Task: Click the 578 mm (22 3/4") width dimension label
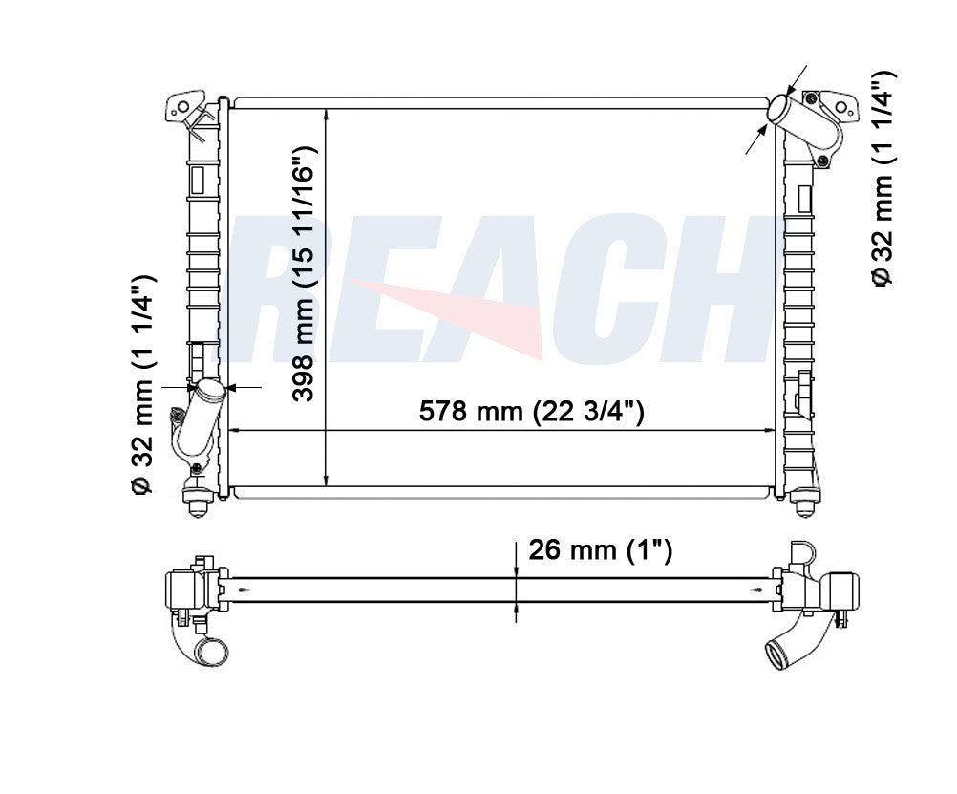click(x=531, y=411)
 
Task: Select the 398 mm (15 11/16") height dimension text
click(x=304, y=273)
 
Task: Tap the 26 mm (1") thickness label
click(x=600, y=550)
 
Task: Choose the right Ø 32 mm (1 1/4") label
click(x=883, y=179)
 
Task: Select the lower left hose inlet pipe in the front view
click(x=199, y=420)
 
